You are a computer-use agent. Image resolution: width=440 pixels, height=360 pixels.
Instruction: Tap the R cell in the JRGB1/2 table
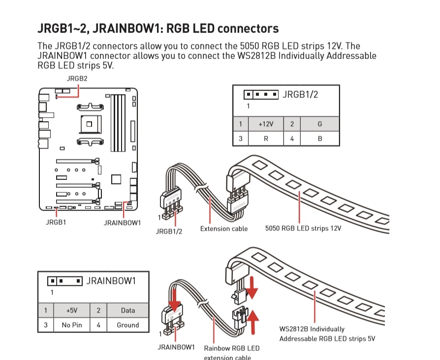coord(266,139)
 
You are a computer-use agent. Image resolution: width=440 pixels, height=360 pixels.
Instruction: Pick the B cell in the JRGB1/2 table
coord(320,139)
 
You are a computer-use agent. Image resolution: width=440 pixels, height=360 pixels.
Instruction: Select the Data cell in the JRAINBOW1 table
coord(127,310)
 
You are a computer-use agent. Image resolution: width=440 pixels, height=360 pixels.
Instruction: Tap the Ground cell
coord(127,325)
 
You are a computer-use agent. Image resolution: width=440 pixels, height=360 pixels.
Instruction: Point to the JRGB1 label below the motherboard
coord(56,222)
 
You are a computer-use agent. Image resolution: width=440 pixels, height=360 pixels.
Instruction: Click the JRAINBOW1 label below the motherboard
coord(122,222)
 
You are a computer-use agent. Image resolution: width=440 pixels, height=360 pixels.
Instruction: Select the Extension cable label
coord(224,229)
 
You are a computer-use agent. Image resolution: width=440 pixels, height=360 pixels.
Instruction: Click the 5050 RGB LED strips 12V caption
coord(303,229)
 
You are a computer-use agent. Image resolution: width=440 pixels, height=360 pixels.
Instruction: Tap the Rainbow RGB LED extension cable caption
coord(231,353)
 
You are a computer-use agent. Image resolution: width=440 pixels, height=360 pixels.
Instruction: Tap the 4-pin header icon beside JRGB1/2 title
coord(261,94)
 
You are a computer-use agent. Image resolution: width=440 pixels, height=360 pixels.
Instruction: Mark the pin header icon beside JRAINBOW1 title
coord(65,281)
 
